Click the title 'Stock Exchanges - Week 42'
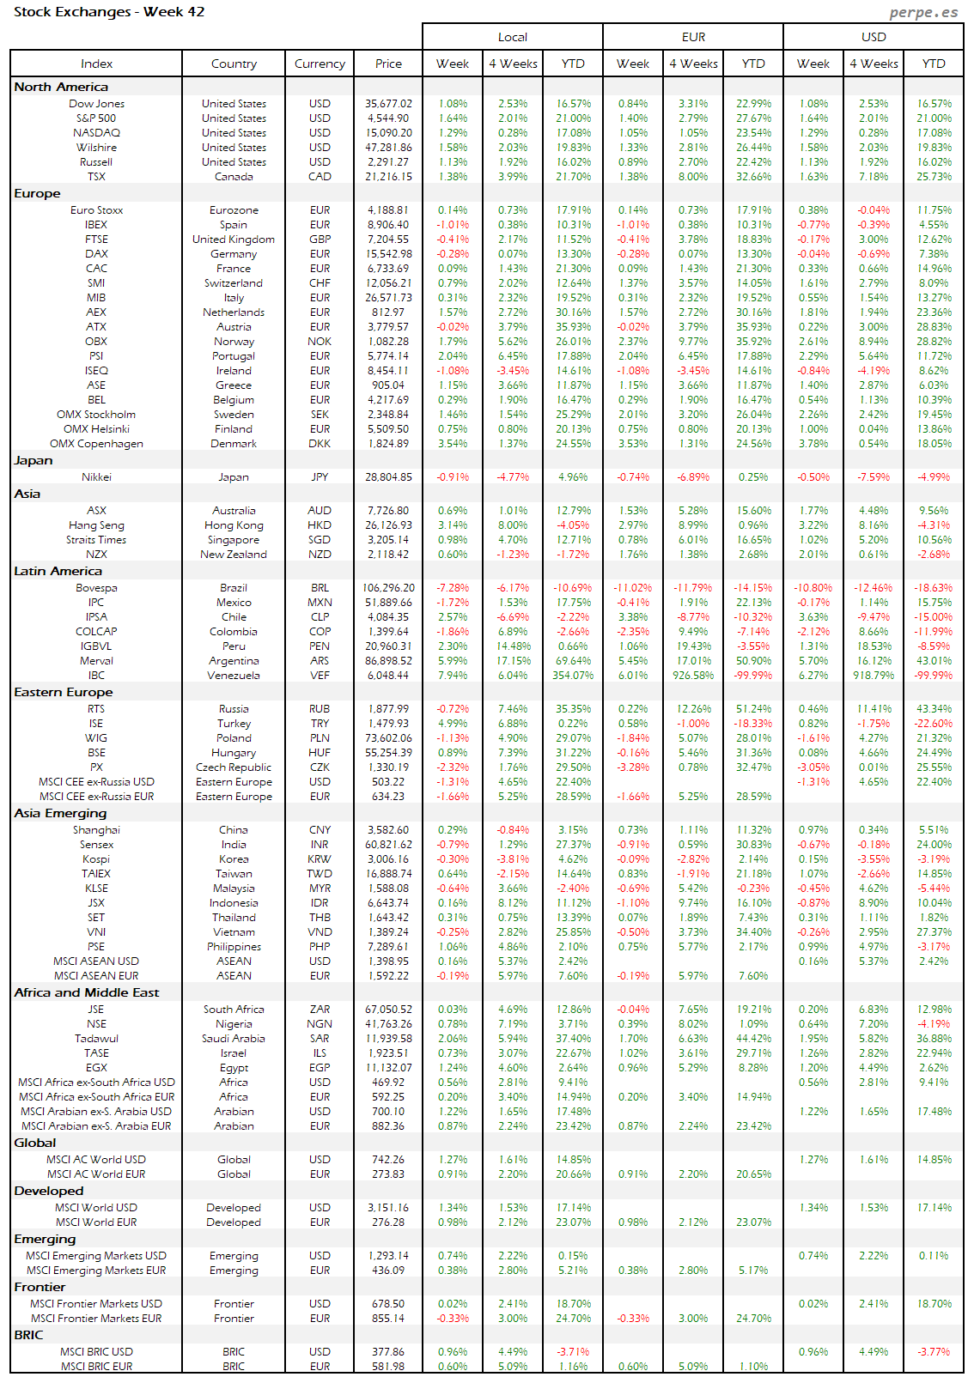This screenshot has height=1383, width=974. (x=109, y=12)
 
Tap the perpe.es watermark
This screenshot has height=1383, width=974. (x=923, y=12)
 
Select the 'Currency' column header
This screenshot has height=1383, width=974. (x=320, y=64)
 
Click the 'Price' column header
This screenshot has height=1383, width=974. (x=388, y=64)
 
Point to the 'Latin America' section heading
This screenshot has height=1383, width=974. (x=58, y=571)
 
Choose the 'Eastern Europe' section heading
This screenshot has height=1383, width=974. (x=63, y=692)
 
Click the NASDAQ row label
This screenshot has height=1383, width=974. (x=96, y=133)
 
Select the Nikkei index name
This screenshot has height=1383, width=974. (x=96, y=477)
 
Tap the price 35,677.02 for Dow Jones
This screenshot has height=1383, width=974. (x=388, y=104)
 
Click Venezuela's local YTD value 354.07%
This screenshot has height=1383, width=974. (x=573, y=676)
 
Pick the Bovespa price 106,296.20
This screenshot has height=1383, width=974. (x=388, y=588)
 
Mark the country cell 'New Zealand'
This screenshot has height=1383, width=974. (x=234, y=555)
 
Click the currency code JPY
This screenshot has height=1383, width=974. (x=320, y=477)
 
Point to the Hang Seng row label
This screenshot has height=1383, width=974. (x=96, y=525)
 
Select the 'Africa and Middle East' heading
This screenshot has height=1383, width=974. (x=86, y=992)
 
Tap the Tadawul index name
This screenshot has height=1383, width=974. (x=96, y=1039)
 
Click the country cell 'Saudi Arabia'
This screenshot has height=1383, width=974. (x=234, y=1039)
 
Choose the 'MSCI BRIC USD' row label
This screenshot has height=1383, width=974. (x=96, y=1352)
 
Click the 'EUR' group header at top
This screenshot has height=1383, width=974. (x=693, y=37)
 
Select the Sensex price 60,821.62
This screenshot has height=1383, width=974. (x=388, y=845)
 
